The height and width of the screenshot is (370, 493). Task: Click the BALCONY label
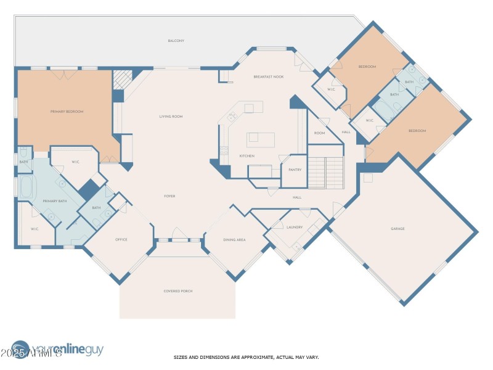[x=176, y=41]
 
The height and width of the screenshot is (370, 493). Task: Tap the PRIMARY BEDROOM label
[x=67, y=112]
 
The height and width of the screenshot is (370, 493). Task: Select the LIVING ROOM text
[x=171, y=117]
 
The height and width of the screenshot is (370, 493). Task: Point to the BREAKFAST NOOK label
[x=268, y=76]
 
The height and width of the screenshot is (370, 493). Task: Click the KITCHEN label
[x=246, y=156]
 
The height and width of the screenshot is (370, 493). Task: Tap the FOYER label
[x=169, y=196]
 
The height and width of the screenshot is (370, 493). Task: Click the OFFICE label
[x=121, y=239]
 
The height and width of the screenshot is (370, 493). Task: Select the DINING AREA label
[x=234, y=239]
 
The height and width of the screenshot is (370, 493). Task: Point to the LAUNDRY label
[x=295, y=227]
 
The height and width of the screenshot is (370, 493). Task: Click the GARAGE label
[x=397, y=229]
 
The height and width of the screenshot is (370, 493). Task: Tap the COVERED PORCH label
[x=177, y=291]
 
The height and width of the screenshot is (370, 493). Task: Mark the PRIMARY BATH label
[x=54, y=202]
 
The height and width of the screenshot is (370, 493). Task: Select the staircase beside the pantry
[x=325, y=173]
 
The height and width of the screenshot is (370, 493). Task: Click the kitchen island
[x=261, y=139]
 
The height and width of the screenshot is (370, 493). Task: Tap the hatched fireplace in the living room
[x=121, y=80]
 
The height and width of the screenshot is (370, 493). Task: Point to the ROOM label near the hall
[x=319, y=133]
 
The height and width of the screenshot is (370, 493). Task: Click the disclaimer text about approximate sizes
[x=246, y=357]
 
